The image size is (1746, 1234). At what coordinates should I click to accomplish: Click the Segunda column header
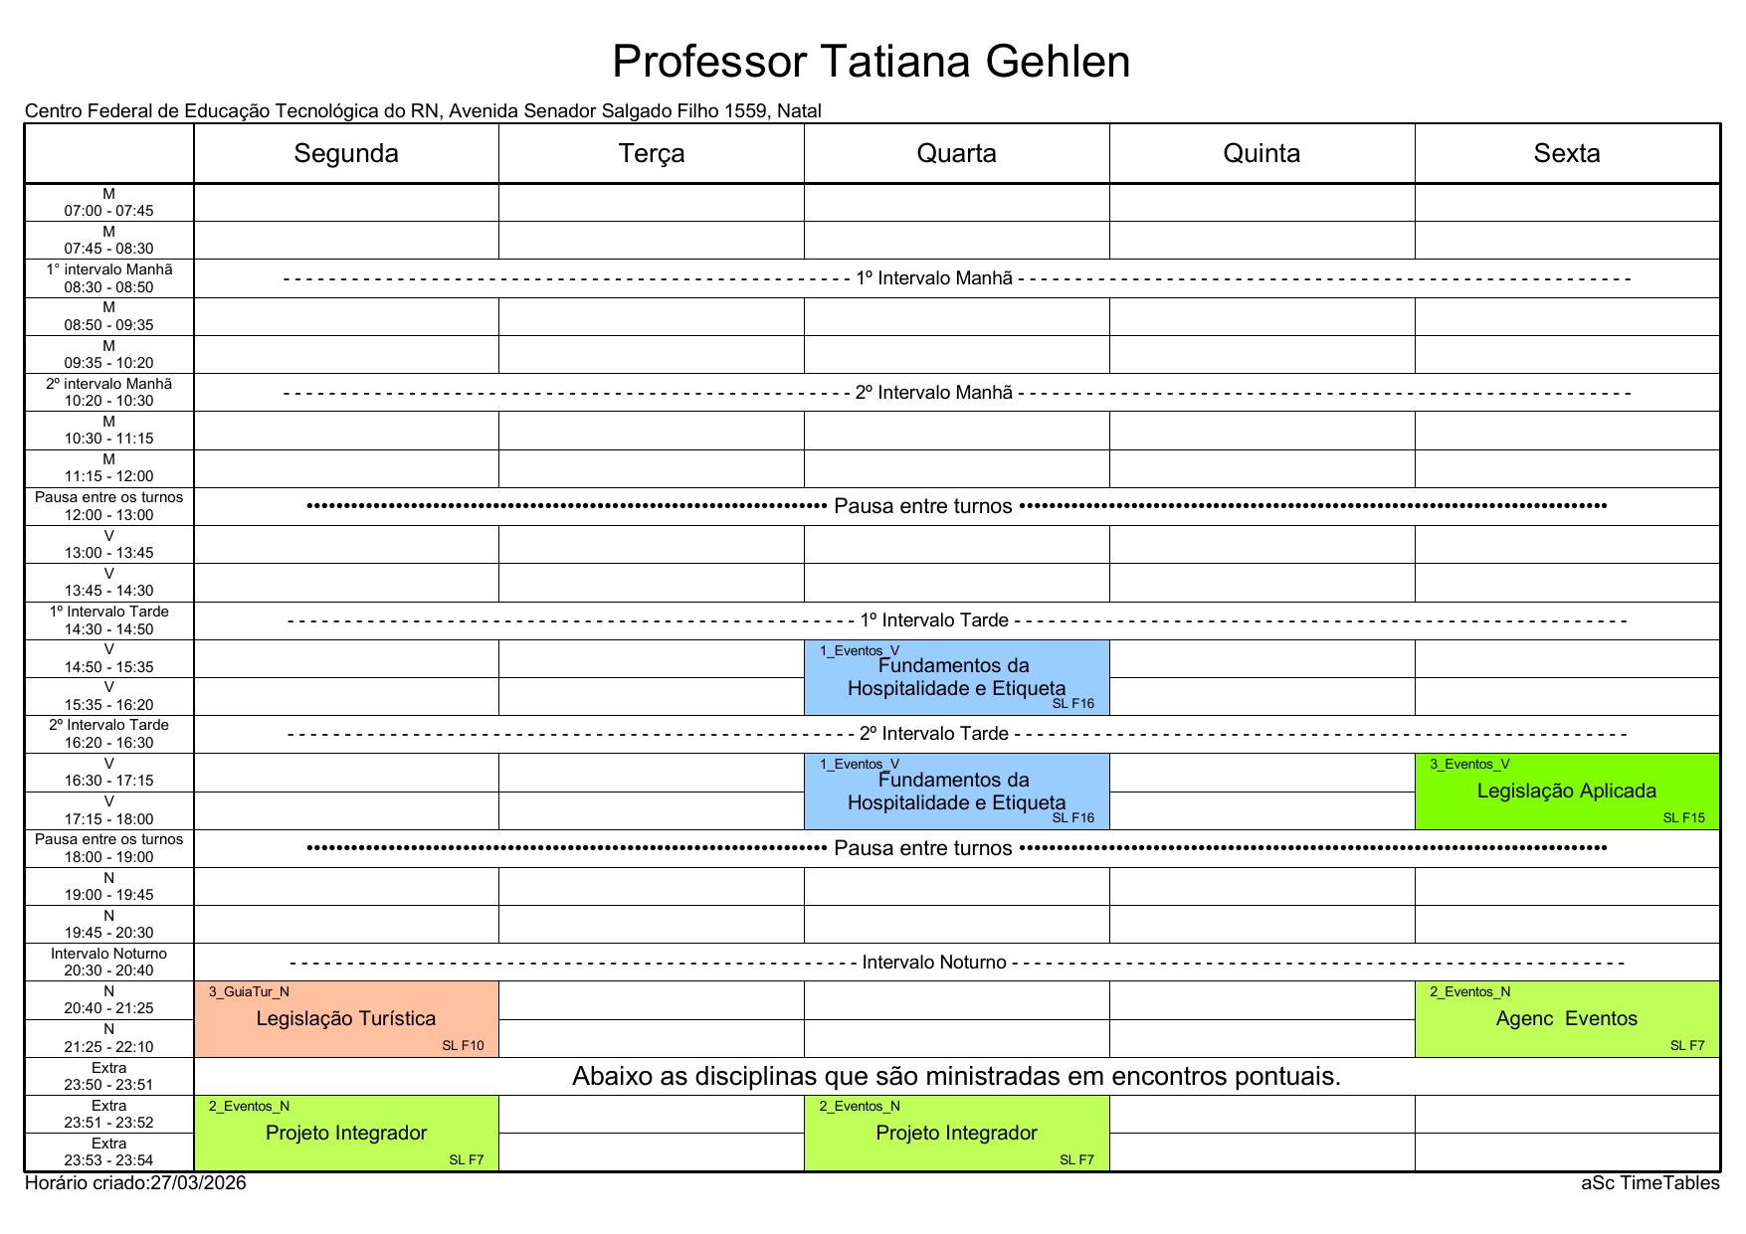click(346, 153)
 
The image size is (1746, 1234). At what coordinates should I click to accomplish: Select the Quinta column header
click(1261, 153)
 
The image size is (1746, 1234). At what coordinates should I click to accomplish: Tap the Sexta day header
click(1567, 153)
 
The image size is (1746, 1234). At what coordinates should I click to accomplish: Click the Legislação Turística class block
click(346, 1018)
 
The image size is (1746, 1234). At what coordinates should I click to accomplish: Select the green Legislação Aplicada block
click(1567, 791)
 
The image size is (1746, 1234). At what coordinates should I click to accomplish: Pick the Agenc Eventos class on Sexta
click(1567, 1018)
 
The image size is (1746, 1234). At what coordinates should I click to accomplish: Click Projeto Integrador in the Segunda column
click(346, 1133)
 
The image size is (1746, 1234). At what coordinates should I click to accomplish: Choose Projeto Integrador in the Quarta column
click(956, 1133)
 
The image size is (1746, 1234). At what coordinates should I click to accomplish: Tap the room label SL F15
click(1683, 818)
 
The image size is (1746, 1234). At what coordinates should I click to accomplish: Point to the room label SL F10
click(463, 1046)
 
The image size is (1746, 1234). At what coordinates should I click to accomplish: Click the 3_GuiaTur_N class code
click(249, 992)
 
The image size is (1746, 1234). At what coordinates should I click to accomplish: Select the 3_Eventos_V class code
click(1469, 765)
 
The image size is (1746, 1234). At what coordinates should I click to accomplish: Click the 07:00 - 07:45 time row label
click(109, 211)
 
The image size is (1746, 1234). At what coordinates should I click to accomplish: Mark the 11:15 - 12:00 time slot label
click(109, 476)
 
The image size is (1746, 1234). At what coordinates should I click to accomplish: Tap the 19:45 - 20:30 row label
click(109, 933)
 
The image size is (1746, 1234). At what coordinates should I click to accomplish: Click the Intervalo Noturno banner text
click(934, 963)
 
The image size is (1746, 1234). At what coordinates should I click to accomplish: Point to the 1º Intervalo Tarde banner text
click(934, 620)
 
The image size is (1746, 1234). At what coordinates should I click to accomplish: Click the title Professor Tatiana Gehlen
click(871, 62)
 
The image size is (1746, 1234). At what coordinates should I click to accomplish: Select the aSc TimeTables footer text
click(1649, 1183)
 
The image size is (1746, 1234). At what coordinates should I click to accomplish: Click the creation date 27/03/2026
click(198, 1183)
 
